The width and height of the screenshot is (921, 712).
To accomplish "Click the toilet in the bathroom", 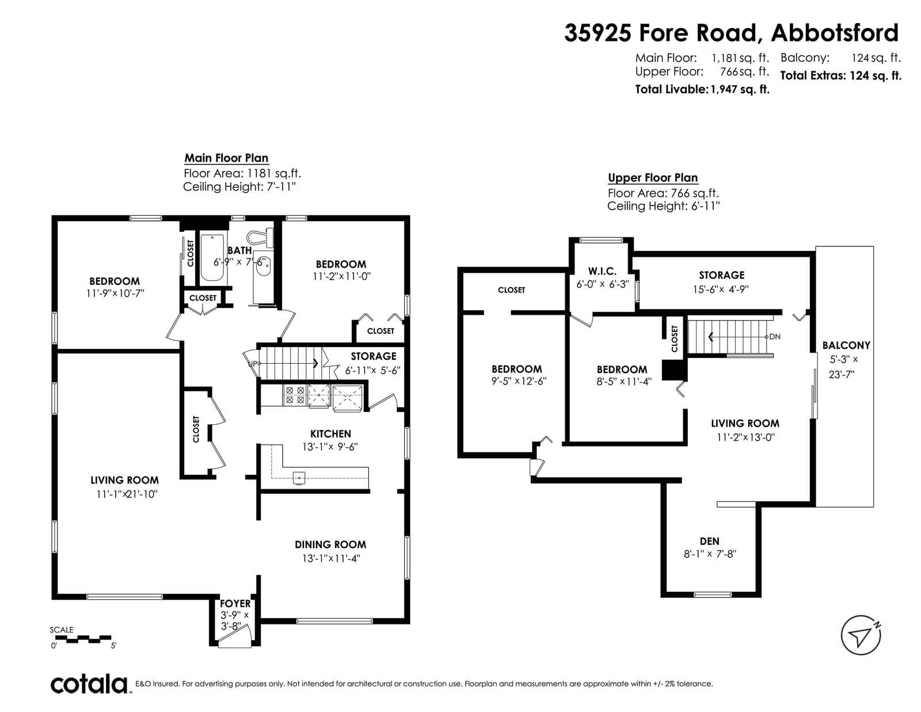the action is coord(260,238).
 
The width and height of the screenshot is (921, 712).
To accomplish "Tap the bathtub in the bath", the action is coord(212,258).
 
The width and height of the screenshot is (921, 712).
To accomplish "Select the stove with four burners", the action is coord(295,395).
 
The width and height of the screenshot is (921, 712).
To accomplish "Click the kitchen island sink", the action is coord(299,478).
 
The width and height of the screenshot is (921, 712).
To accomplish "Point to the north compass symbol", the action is coord(861,635).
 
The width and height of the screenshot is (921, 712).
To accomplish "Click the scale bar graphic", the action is coord(81,639).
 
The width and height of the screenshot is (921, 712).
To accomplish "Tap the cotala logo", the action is coord(89,684).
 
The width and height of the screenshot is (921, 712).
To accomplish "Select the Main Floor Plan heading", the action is coord(226,158).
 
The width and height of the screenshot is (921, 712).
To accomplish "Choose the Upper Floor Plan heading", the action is coord(653,178).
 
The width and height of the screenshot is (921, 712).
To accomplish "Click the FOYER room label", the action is coord(235,604).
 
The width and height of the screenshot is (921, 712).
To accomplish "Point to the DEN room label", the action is coord(710,541).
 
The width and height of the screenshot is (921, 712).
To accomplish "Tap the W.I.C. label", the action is coord(602,271).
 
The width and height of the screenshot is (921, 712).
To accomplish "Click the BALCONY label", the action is coord(846,345).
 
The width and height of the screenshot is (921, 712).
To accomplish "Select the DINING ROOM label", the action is coord(330,545).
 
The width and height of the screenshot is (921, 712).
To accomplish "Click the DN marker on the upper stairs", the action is coord(775,337).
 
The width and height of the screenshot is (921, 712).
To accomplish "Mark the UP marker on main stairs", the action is coord(252,363).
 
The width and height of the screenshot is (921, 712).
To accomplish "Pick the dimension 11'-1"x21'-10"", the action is coord(127,494).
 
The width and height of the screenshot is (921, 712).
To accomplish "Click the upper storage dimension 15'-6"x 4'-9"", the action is coord(721,289).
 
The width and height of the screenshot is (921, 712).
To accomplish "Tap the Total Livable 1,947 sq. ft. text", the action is coord(702,89).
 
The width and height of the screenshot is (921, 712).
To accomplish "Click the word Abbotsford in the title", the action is coord(835,33).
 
